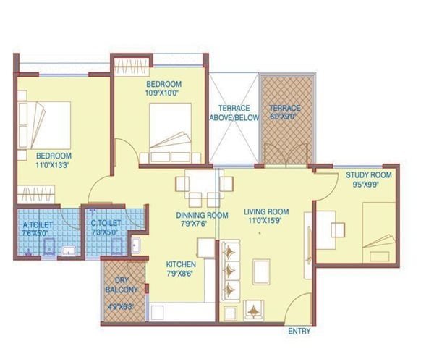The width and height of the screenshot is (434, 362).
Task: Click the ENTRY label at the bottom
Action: (300, 331)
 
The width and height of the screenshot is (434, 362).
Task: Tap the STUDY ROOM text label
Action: (368, 174)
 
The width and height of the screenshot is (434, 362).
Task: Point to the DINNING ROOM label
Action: (202, 215)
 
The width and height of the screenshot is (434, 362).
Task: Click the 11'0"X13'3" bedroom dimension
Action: (54, 165)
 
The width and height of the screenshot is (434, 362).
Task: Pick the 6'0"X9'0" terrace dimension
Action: (286, 117)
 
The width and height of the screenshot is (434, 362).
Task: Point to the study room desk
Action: (336, 228)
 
